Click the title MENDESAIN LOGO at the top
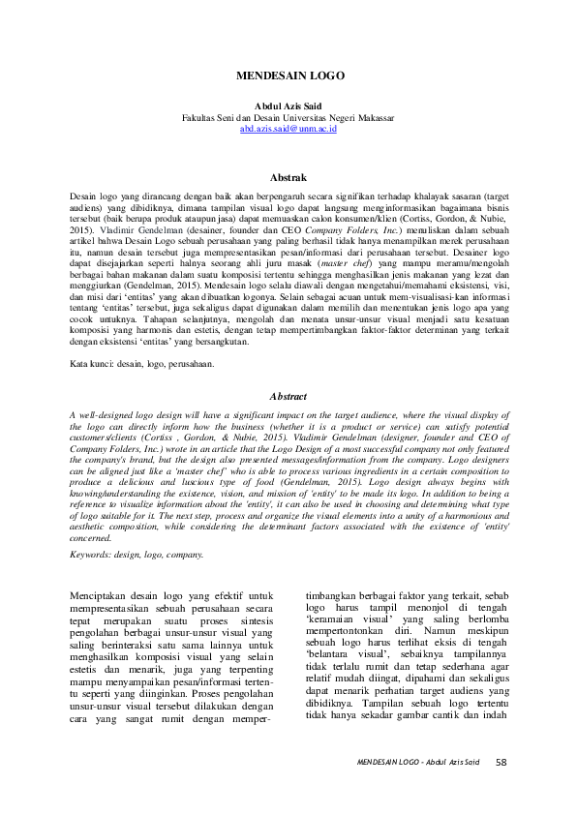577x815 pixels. [288, 74]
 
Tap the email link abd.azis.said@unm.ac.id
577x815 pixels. [288, 128]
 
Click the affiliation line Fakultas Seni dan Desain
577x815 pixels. [288, 117]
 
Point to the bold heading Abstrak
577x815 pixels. [288, 177]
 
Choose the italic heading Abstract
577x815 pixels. [288, 396]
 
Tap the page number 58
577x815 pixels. [501, 762]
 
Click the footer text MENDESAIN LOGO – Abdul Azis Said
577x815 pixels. [417, 763]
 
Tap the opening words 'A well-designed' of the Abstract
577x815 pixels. [104, 413]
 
